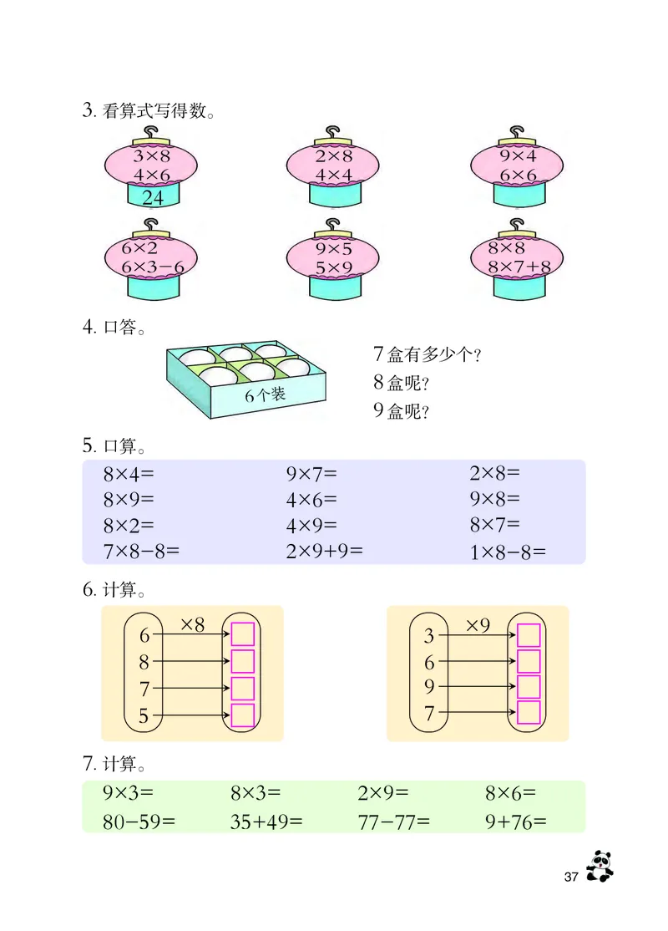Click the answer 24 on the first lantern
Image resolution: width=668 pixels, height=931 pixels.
[153, 198]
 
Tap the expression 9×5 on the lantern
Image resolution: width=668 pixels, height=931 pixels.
[335, 248]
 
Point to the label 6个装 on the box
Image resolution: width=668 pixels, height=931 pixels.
[266, 395]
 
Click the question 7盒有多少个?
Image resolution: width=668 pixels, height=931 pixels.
[428, 354]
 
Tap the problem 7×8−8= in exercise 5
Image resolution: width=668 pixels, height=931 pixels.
[141, 551]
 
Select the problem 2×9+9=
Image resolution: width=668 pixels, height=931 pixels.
[325, 551]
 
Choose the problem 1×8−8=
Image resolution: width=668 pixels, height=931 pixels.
[507, 552]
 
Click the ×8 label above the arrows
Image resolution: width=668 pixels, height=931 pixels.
[192, 623]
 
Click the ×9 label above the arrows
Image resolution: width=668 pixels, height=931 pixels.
[478, 623]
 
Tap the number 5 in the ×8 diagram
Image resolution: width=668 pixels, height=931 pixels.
[144, 716]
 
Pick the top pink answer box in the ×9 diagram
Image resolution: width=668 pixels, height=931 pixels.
[529, 636]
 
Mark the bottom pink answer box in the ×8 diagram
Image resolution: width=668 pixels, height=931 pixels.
[242, 715]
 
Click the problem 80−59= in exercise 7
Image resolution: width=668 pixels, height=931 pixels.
[139, 821]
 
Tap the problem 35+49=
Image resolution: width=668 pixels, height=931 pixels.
[267, 821]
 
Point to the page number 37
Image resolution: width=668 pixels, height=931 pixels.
[571, 877]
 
